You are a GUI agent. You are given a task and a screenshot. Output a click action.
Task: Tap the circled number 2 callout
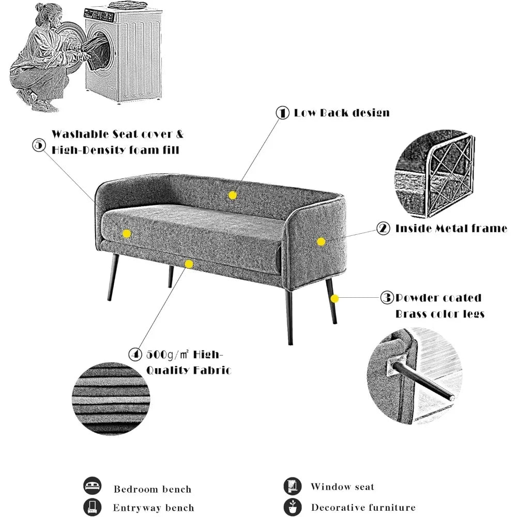[x=383, y=228]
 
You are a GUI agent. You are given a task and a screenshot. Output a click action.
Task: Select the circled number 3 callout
[x=387, y=298]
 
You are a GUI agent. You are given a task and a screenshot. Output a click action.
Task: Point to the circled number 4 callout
[x=135, y=355]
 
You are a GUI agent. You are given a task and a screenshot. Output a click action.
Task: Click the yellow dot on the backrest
[x=233, y=195]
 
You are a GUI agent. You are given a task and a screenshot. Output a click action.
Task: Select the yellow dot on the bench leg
[x=334, y=298]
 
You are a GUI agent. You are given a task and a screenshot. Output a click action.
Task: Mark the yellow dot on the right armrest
[x=321, y=241]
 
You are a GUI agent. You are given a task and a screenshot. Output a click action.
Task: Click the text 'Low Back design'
[x=342, y=113]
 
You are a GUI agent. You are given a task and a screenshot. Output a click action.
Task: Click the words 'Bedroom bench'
[x=153, y=489]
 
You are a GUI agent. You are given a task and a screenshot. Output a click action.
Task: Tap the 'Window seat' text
[x=342, y=486]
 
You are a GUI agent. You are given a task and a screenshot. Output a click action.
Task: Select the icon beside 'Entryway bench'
[x=92, y=506]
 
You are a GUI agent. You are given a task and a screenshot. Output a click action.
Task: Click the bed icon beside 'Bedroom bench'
[x=92, y=486]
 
